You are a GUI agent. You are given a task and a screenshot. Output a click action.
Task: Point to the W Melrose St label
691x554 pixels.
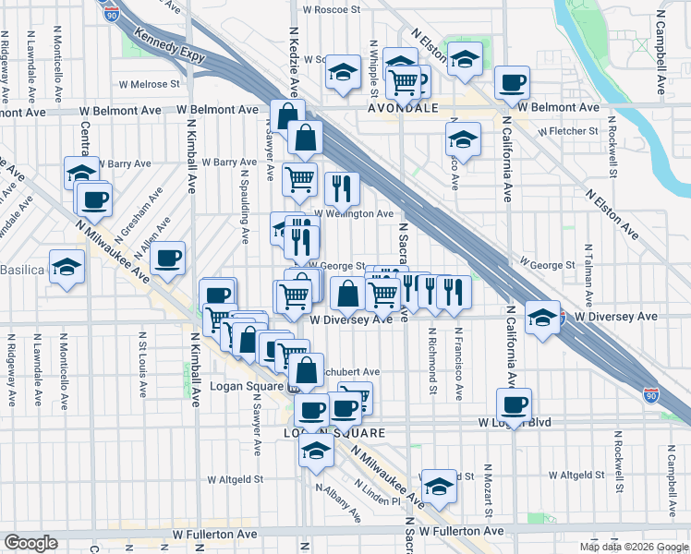148,84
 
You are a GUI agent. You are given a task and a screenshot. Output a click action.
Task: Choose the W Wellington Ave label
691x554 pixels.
354,213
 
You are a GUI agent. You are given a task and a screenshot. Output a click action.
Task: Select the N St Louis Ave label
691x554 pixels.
142,364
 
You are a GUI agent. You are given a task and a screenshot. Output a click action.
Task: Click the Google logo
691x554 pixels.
30,542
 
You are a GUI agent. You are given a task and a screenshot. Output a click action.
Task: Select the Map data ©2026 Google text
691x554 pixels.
634,547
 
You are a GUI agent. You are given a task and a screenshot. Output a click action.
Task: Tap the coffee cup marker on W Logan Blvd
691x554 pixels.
514,403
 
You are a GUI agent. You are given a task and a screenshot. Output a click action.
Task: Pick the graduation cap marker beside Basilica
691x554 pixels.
67,267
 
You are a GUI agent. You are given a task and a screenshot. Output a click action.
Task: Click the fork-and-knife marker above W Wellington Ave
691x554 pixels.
342,188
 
